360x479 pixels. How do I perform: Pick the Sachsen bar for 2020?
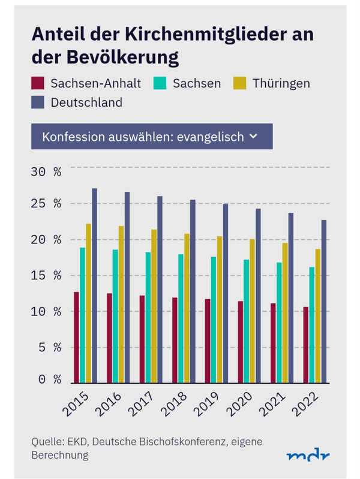pyautogui.click(x=246, y=321)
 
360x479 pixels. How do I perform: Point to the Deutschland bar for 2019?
pyautogui.click(x=226, y=293)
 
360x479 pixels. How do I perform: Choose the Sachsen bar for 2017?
pyautogui.click(x=148, y=317)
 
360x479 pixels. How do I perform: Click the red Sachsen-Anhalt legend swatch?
pyautogui.click(x=38, y=83)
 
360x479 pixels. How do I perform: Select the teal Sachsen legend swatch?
pyautogui.click(x=160, y=83)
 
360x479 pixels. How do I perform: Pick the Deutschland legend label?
pyautogui.click(x=86, y=103)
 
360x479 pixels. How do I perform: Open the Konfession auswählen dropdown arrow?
pyautogui.click(x=253, y=136)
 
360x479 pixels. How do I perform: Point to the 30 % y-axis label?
pyautogui.click(x=46, y=172)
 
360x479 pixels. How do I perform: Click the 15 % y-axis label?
pyautogui.click(x=46, y=276)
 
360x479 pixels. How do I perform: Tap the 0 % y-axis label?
pyautogui.click(x=46, y=379)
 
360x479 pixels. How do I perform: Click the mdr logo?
pyautogui.click(x=308, y=455)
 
